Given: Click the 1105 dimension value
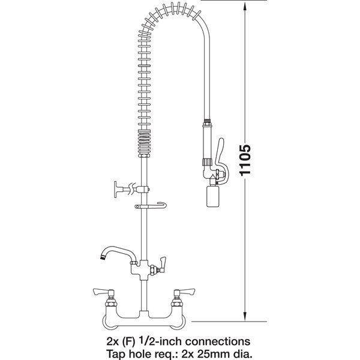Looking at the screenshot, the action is tap(245, 160).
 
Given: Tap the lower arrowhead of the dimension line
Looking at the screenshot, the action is tap(245, 316).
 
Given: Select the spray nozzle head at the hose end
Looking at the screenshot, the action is tap(212, 196).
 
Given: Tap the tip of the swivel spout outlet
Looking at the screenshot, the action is tap(102, 257).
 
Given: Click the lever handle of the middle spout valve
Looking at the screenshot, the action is tap(163, 263).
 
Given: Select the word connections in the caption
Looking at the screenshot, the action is tap(218, 341).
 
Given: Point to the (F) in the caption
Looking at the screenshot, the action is tap(130, 342).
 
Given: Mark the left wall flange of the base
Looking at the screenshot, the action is tap(104, 322).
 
